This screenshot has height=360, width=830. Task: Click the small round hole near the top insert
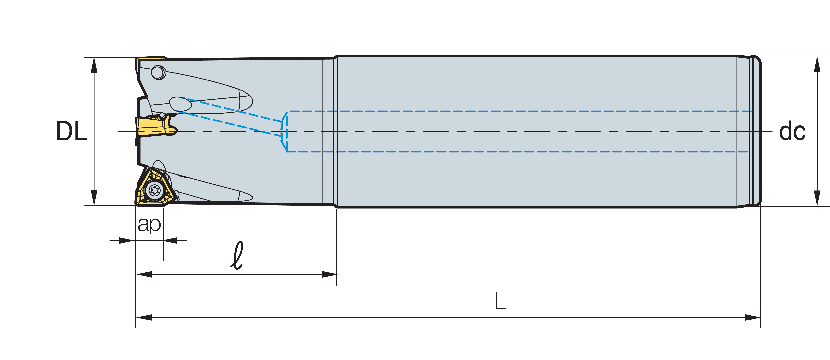tap(158, 72)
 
